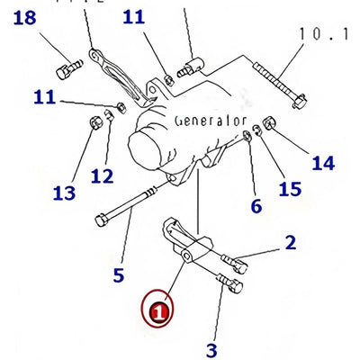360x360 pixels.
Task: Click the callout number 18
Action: pyautogui.click(x=25, y=18)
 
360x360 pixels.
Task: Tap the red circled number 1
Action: pyautogui.click(x=158, y=308)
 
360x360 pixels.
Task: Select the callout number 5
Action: pyautogui.click(x=119, y=275)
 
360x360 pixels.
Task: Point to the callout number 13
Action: pyautogui.click(x=64, y=193)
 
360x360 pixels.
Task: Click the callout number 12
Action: pyautogui.click(x=103, y=175)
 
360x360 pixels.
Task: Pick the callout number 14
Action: pyautogui.click(x=323, y=164)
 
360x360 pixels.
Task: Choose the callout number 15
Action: pyautogui.click(x=290, y=189)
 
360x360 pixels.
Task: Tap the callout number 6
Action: pyautogui.click(x=256, y=206)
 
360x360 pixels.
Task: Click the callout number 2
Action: pyautogui.click(x=290, y=243)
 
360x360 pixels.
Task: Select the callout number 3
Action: pyautogui.click(x=211, y=350)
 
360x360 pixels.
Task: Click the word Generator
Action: pyautogui.click(x=211, y=121)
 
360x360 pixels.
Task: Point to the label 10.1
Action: pyautogui.click(x=324, y=34)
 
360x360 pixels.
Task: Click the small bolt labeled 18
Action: pyautogui.click(x=69, y=69)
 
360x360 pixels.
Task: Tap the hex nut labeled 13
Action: pyautogui.click(x=96, y=123)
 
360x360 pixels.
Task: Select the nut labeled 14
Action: pyautogui.click(x=269, y=123)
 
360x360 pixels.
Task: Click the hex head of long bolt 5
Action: pyautogui.click(x=102, y=220)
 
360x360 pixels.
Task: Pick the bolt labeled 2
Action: pyautogui.click(x=235, y=263)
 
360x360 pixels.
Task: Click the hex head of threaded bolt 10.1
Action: pyautogui.click(x=299, y=102)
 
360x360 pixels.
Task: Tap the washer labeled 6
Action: pyautogui.click(x=247, y=135)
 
